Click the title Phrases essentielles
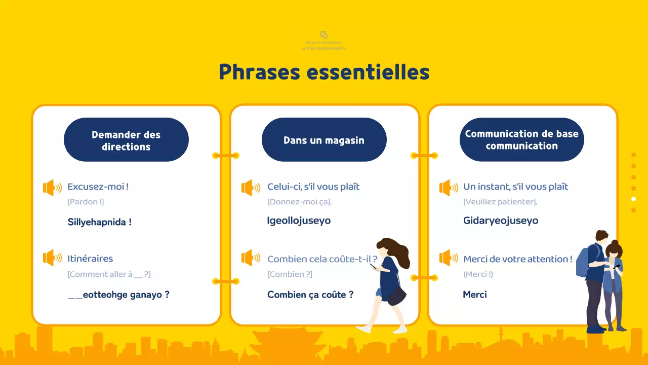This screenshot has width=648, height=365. pos(324,72)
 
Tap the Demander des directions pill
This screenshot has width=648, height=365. pos(126,140)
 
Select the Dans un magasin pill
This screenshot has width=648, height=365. pos(324,140)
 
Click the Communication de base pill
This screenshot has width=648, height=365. pos(521,139)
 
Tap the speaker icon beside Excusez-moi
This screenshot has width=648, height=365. pos(52,188)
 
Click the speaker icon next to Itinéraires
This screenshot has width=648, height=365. pos(52,258)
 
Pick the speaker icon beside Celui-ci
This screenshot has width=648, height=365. pos(250,188)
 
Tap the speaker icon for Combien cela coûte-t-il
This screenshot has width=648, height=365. pos(250,258)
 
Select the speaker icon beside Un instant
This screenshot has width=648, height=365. pos(448,188)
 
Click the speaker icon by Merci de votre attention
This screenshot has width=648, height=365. pos(448,258)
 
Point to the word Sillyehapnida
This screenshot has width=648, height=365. pos(99,222)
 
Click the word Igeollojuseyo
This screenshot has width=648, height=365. pos(299,221)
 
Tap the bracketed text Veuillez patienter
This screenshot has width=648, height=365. pos(500,202)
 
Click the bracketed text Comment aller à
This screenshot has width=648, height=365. pos(109,274)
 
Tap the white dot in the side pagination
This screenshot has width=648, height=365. pos(633,199)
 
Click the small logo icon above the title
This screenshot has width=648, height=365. pos(324,35)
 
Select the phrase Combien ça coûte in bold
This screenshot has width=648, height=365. pos(310,295)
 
